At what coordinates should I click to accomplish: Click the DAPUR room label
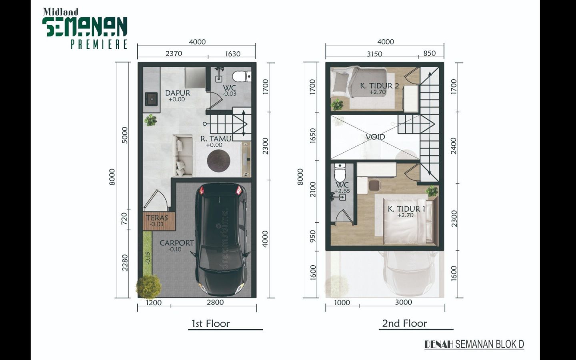[178, 93]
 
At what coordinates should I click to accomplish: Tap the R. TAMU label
[216, 138]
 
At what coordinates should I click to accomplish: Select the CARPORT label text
[177, 243]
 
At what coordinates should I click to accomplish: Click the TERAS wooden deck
[159, 221]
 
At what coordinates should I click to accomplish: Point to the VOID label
[376, 137]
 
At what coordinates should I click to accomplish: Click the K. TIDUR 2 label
[379, 86]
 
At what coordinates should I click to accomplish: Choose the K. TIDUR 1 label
[406, 209]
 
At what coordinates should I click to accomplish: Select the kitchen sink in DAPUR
[152, 99]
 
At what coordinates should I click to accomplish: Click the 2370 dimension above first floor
[174, 54]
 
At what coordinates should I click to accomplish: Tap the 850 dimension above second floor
[430, 53]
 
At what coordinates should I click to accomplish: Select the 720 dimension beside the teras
[124, 218]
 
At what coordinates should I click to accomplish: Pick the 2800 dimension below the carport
[215, 302]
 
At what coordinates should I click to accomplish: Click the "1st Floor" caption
[210, 324]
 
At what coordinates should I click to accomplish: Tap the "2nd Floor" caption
[404, 323]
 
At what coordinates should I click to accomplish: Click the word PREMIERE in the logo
[99, 44]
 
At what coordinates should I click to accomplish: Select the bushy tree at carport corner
[149, 286]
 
